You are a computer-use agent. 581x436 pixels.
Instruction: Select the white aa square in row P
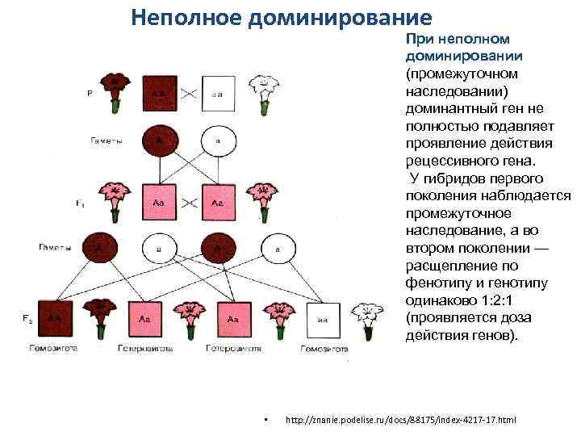click(x=217, y=93)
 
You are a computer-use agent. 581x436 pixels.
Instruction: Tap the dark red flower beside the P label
click(x=115, y=90)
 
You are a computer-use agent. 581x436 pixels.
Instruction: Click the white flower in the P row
click(x=262, y=90)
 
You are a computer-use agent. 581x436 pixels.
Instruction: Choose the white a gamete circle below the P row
click(x=217, y=142)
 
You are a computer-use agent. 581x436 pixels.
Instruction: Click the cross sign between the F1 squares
click(x=189, y=202)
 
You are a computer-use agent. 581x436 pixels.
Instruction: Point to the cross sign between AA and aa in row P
click(x=189, y=93)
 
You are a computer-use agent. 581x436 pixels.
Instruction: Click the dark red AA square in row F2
click(x=54, y=319)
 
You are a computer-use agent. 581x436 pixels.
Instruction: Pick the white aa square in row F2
click(x=324, y=319)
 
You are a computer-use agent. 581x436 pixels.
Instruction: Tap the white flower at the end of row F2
click(x=369, y=316)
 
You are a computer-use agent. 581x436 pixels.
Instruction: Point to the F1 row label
click(x=80, y=205)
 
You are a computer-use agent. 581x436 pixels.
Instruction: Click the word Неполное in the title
click(x=183, y=16)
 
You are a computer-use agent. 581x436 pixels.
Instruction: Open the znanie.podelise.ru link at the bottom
click(x=401, y=421)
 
